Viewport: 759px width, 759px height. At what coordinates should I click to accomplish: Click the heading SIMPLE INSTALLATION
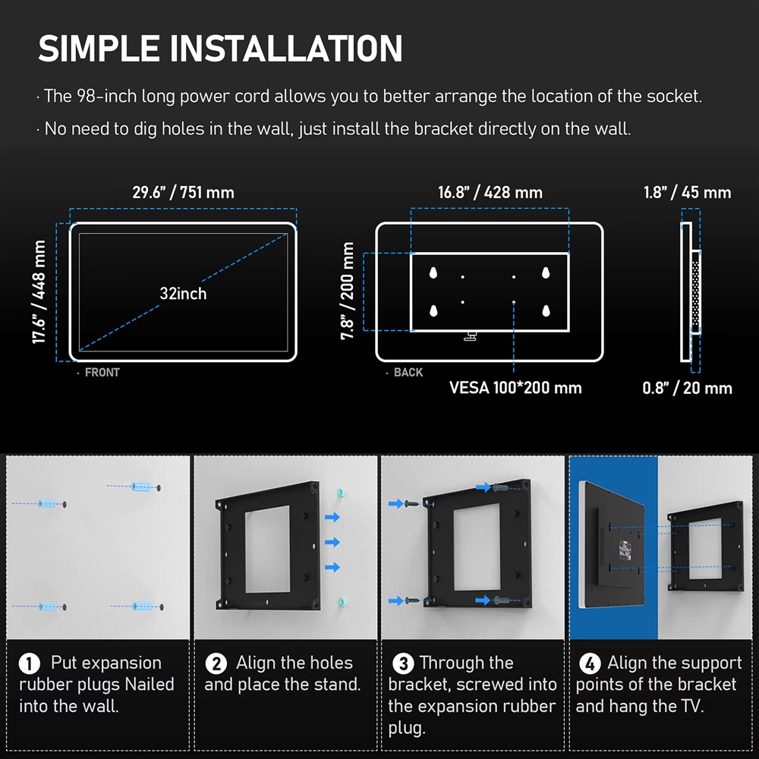[220, 49]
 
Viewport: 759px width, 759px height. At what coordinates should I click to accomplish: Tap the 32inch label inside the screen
[183, 293]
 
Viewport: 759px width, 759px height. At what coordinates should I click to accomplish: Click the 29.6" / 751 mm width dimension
[183, 192]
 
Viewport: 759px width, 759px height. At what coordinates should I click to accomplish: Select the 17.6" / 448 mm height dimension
[39, 292]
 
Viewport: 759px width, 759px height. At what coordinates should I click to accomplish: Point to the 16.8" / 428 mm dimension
[490, 192]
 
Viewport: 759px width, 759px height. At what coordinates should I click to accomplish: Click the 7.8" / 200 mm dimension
[347, 291]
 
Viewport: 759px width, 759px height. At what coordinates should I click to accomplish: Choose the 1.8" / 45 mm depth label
[687, 192]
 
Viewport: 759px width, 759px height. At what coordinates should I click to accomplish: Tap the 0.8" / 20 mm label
[687, 388]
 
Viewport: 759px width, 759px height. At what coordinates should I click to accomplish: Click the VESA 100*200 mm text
[515, 388]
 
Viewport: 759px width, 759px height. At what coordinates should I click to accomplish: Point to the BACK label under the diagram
[408, 372]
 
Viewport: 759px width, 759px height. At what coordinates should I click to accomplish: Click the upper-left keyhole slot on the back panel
[433, 273]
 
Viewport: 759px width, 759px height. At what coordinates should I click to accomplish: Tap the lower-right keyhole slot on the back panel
[546, 310]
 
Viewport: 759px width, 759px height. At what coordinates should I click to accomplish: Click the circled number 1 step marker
[29, 663]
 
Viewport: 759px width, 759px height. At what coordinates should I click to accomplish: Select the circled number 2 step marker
[216, 663]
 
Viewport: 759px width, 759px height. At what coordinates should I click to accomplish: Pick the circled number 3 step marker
[403, 663]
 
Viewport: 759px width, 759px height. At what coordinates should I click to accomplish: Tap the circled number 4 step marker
[590, 663]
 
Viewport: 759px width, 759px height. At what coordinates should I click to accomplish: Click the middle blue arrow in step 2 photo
[332, 542]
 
